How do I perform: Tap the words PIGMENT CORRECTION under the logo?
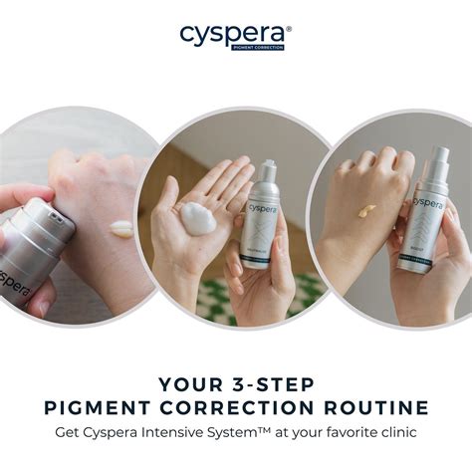pyautogui.click(x=257, y=46)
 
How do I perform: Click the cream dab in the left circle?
pyautogui.click(x=121, y=228)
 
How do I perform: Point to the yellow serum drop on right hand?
pyautogui.click(x=366, y=210)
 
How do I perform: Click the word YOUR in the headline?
pyautogui.click(x=187, y=383)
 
